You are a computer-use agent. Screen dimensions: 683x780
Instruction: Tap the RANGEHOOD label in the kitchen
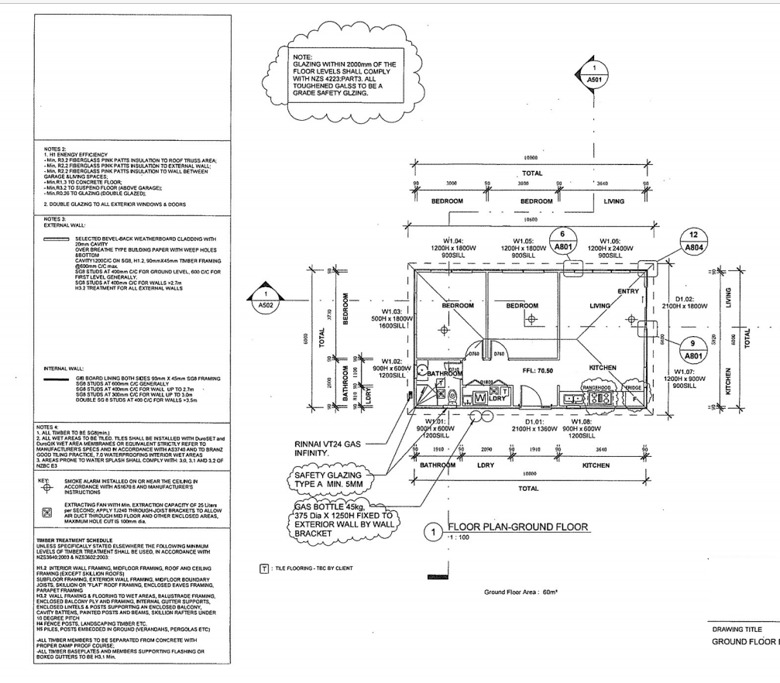[x=598, y=386]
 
